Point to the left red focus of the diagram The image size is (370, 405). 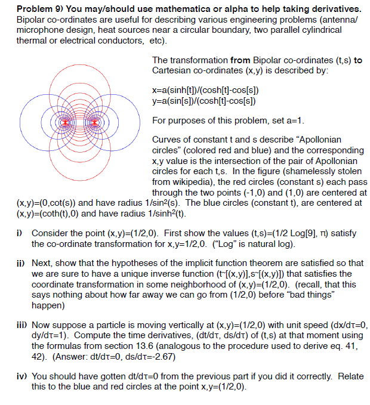(59, 122)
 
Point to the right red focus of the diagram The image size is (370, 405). (94, 122)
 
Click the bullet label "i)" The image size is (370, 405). (21, 233)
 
